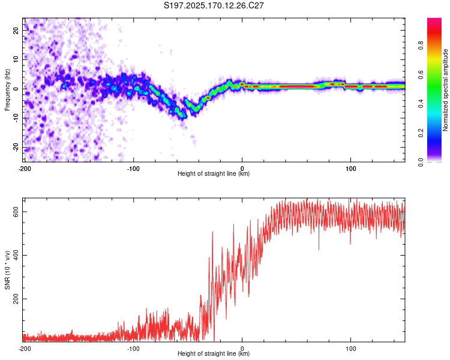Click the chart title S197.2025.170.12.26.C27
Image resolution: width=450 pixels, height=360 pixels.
[x=214, y=5]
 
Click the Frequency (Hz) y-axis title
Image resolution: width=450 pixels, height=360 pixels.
[x=7, y=90]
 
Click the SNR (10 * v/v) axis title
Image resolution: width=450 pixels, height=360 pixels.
[x=7, y=270]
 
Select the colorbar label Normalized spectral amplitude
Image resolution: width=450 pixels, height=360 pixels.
[x=445, y=90]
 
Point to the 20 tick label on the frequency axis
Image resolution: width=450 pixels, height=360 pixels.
[x=16, y=31]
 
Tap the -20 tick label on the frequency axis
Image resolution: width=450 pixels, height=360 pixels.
[x=16, y=147]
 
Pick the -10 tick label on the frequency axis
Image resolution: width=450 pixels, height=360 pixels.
[x=16, y=118]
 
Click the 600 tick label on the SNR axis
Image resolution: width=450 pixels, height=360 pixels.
[x=16, y=212]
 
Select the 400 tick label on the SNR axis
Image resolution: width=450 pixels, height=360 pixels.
[x=16, y=255]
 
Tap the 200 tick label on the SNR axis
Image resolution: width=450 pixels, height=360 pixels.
[x=16, y=299]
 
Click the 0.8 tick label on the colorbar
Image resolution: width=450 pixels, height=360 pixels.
[x=421, y=46]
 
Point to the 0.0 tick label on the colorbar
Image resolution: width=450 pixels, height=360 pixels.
[x=421, y=162]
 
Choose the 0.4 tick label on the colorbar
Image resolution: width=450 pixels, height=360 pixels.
[x=421, y=104]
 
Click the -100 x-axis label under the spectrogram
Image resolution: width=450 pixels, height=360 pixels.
[x=133, y=169]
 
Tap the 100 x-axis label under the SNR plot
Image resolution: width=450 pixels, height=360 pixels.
[x=351, y=349]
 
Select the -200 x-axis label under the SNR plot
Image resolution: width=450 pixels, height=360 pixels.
[x=25, y=349]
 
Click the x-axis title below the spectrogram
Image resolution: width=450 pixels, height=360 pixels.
[x=214, y=173]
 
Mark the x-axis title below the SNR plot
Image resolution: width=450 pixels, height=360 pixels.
[x=214, y=353]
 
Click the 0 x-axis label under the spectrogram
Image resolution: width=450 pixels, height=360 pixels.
[x=242, y=169]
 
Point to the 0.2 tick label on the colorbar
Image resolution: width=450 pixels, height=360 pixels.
[x=421, y=133]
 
